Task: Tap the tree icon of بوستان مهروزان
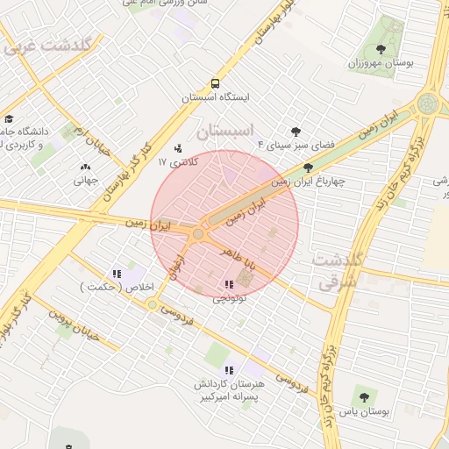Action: coord(380,49)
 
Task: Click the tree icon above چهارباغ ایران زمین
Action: coord(308,167)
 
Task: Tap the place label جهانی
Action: coord(85,180)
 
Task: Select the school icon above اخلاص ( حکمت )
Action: coord(117,274)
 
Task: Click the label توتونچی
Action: coord(230,299)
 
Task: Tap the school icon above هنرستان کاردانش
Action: coord(230,370)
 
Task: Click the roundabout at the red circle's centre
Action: coord(199,234)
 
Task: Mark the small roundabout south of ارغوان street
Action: coord(153,305)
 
